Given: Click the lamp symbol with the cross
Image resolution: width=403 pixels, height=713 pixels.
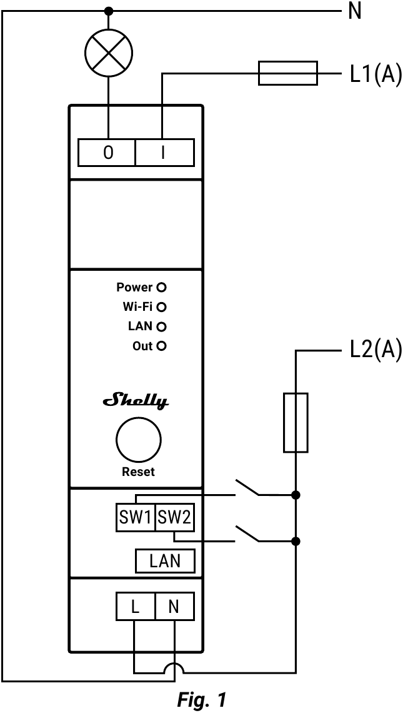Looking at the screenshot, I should coord(109,51).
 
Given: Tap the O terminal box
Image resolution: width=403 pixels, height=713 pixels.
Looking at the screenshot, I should coord(107,153).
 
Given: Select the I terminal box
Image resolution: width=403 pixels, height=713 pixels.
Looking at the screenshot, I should coord(164,153).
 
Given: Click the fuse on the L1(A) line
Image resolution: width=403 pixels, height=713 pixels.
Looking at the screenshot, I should coord(288,73).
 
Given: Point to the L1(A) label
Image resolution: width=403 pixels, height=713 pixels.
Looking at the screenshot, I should coord(374,76).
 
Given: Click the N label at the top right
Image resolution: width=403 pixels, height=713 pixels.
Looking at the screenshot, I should coord(354,11).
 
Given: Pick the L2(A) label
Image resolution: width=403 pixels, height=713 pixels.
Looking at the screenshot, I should coord(374,351).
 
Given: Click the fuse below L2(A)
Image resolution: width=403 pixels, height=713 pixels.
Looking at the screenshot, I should coord(296,422).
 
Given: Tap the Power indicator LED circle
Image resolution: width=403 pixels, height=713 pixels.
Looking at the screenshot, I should coord(162,288).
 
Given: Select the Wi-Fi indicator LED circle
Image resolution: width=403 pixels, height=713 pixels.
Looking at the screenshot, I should coord(162,307).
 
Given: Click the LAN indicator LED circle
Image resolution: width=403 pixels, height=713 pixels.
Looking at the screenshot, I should coord(162,326).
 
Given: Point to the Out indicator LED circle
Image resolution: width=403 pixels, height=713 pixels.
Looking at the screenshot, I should coord(162,346).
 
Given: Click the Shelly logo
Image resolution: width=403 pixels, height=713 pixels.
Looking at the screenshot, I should coord(136,401).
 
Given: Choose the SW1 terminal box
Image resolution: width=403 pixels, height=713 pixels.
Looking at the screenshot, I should coord(136,517).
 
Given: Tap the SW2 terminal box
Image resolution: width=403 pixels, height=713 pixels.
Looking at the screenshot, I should coord(174,517).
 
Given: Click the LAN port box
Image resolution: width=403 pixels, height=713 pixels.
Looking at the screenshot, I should coord(165,561).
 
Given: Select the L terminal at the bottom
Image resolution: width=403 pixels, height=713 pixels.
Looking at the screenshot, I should coord(136,607).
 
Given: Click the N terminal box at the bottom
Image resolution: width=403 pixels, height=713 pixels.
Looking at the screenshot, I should coord(174,607).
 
